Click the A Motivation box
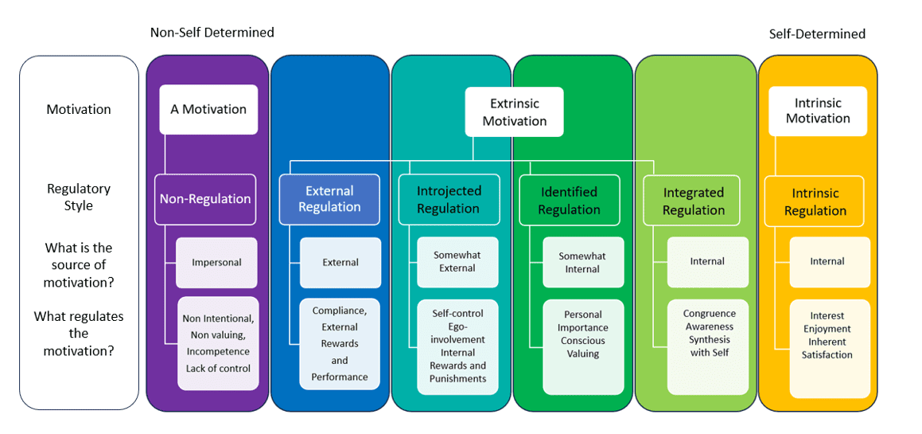[208, 109]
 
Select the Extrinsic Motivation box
[515, 112]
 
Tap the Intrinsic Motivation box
[818, 111]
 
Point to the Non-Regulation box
[205, 199]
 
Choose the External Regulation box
[329, 199]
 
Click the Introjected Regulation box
[449, 200]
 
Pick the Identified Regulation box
[570, 200]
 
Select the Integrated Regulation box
[694, 201]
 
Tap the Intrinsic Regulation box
[815, 201]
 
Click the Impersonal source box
[217, 263]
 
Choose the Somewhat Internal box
[583, 262]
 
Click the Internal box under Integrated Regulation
[708, 262]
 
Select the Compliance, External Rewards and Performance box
[340, 344]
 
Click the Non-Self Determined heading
[212, 33]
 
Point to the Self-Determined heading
[817, 34]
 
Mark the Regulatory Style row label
[79, 197]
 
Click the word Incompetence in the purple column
[218, 351]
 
